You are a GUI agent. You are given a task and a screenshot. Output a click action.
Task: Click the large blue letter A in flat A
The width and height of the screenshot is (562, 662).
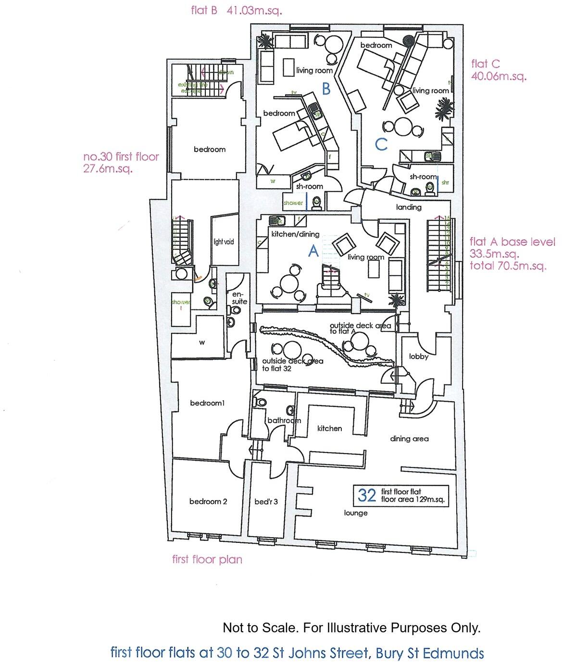[x=312, y=250]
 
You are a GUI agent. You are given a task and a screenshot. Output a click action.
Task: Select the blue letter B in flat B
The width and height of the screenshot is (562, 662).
[x=326, y=89]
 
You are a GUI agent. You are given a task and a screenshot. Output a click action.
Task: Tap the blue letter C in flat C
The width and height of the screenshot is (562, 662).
[x=381, y=144]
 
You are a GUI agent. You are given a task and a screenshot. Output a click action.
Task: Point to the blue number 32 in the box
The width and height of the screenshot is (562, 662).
[x=367, y=495]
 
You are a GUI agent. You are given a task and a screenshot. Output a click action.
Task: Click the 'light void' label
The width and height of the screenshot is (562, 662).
[x=224, y=242]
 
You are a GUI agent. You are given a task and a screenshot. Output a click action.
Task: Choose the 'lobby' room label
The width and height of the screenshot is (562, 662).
[x=418, y=356]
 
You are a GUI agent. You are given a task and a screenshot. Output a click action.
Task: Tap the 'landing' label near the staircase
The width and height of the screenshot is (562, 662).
[x=409, y=207]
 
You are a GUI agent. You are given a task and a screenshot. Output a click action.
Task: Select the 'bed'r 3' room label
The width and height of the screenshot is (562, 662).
[x=266, y=502]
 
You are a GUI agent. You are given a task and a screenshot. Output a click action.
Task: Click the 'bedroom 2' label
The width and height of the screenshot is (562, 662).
[x=208, y=502]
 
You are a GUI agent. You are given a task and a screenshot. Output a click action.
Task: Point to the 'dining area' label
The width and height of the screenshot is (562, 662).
[x=409, y=438]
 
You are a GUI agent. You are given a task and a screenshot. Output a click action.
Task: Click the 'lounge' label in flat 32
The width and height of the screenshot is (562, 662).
[x=356, y=513]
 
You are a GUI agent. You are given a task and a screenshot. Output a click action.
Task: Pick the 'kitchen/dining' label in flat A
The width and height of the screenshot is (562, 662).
[x=295, y=234]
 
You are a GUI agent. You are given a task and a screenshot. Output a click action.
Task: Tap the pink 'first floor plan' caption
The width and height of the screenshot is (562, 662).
[x=207, y=559]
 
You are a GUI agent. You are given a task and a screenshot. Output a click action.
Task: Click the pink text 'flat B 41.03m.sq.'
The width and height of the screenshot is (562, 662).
[x=236, y=11]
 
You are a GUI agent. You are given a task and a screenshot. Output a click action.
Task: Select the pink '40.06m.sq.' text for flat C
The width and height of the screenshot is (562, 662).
[x=499, y=76]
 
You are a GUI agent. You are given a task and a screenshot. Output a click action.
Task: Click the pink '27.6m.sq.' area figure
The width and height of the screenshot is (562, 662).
[x=108, y=169]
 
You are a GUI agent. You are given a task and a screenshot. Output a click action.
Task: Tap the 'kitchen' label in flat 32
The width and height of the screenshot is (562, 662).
[x=329, y=428]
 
